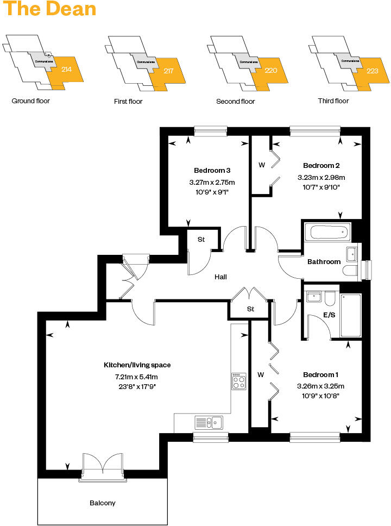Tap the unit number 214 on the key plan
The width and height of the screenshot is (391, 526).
pos(67,69)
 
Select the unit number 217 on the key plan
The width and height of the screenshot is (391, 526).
pos(168,71)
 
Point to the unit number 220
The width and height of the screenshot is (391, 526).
pos(270,71)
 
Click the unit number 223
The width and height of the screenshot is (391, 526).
pos(373,71)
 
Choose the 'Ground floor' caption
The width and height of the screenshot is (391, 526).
pos(30,101)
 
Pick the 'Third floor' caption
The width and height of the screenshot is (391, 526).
pos(333,101)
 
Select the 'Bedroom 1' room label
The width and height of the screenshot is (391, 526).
pos(320,375)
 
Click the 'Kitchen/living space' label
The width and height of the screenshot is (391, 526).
pos(137,365)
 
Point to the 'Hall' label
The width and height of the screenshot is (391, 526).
pos(220,277)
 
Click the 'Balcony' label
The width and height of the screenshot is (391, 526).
pos(103,503)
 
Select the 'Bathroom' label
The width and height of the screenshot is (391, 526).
pos(324,262)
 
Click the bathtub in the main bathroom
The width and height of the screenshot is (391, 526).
pos(327,233)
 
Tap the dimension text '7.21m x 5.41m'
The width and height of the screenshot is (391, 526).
pos(136,377)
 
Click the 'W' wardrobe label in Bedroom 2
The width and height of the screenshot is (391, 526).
pos(261,165)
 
